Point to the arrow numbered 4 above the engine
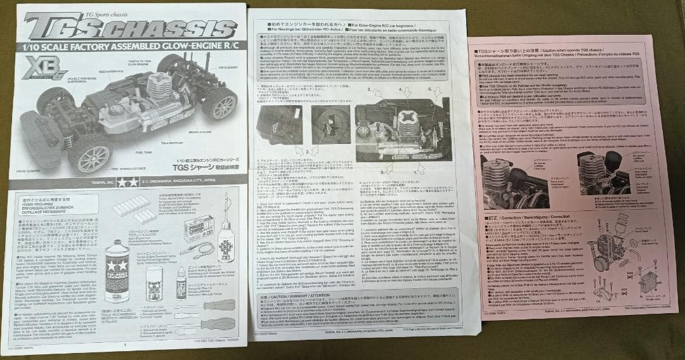pyautogui.click(x=406, y=92)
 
